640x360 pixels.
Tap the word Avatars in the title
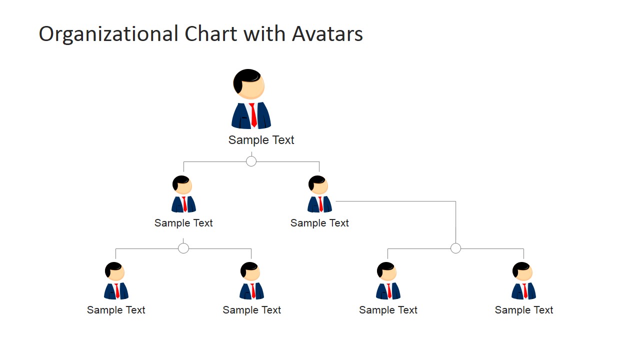[x=327, y=34]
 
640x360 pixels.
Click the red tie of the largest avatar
[x=253, y=115]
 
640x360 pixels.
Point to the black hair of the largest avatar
[x=245, y=78]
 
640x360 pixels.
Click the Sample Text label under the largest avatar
[x=261, y=140]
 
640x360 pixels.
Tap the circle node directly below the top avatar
[x=251, y=161]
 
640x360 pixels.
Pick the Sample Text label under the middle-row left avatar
[x=183, y=223]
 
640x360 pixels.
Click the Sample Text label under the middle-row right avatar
[x=319, y=223]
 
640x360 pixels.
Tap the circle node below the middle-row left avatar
[x=183, y=248]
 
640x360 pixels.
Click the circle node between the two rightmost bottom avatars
[x=455, y=248]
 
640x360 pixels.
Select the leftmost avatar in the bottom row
[x=116, y=281]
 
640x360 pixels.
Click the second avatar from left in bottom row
[x=251, y=281]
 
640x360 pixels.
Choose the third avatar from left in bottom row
[x=388, y=281]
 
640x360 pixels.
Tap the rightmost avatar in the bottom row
[x=523, y=281]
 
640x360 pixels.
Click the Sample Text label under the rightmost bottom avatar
[x=523, y=310]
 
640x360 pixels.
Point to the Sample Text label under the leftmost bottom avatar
[x=116, y=310]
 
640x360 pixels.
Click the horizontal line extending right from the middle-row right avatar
[x=395, y=201]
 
